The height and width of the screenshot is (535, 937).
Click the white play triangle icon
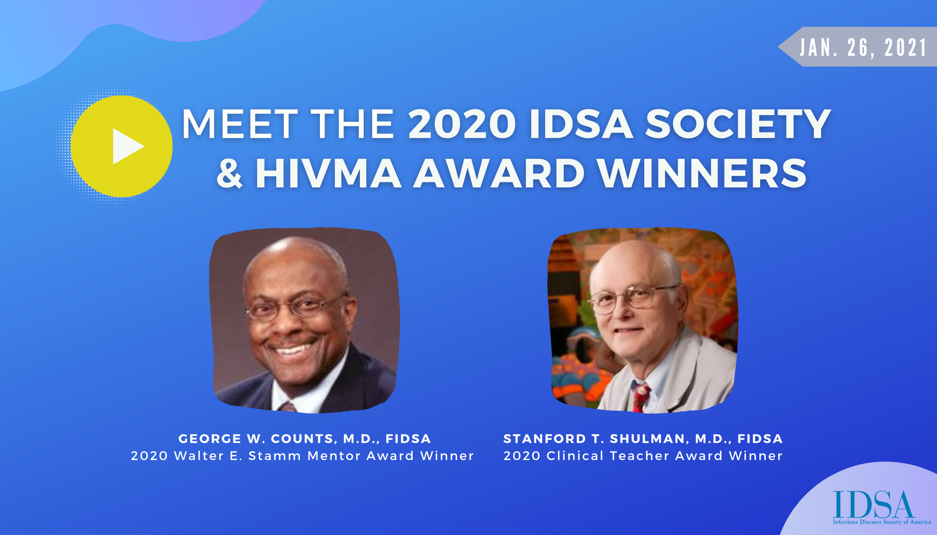coord(127,147)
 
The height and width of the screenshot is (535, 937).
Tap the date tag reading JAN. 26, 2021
coord(863,47)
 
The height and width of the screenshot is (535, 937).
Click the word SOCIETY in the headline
coord(738,124)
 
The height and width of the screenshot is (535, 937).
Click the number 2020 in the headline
coord(462,124)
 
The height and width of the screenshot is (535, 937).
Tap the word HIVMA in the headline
coord(328,173)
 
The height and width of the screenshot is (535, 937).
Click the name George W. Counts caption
coord(305,439)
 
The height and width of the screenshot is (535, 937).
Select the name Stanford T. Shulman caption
coord(643,439)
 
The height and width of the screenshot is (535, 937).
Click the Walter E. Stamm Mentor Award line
coord(302,456)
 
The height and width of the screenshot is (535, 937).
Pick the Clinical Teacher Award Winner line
coord(643,456)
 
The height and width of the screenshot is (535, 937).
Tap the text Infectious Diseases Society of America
coord(882,522)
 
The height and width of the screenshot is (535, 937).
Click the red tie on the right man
coord(640,396)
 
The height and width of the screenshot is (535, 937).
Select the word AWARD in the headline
coord(499,173)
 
